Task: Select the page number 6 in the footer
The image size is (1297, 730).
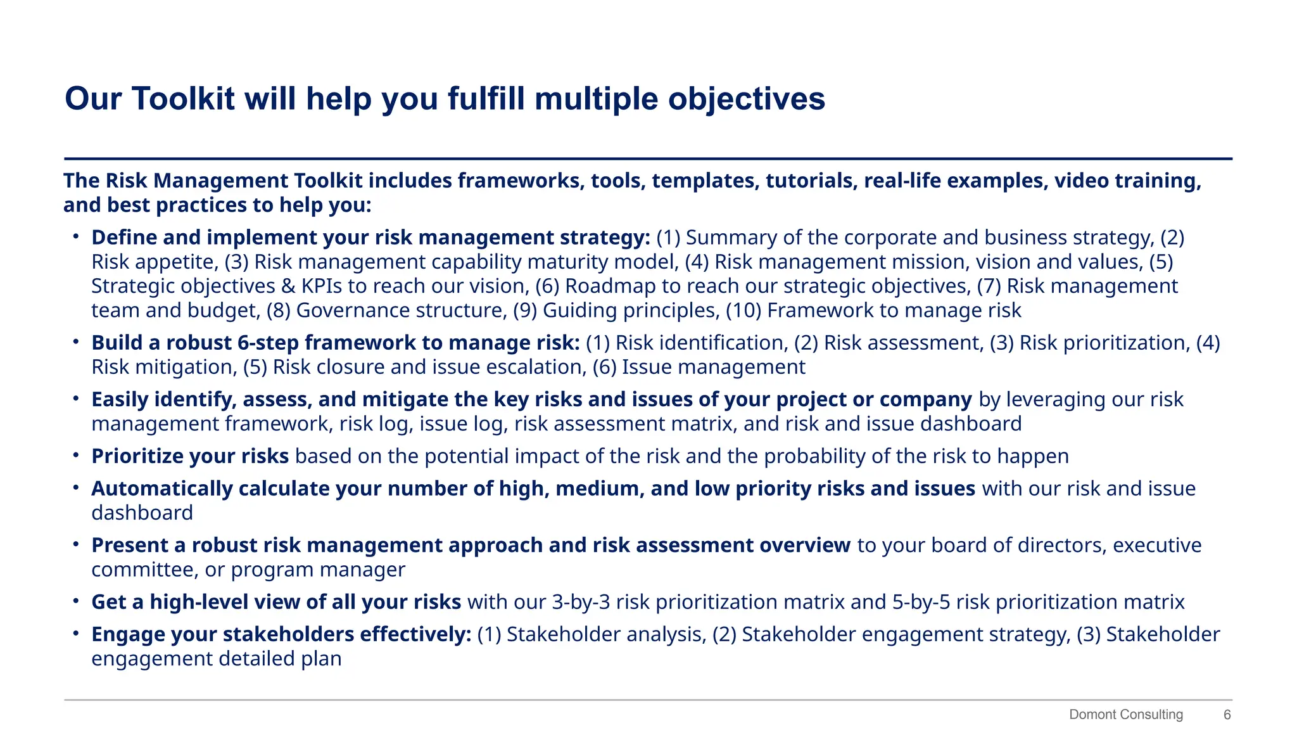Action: point(1227,715)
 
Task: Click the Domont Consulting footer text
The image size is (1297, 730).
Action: point(1125,715)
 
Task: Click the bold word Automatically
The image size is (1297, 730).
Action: point(162,489)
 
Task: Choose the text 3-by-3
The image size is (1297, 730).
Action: point(581,602)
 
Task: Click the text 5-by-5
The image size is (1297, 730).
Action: point(921,602)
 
